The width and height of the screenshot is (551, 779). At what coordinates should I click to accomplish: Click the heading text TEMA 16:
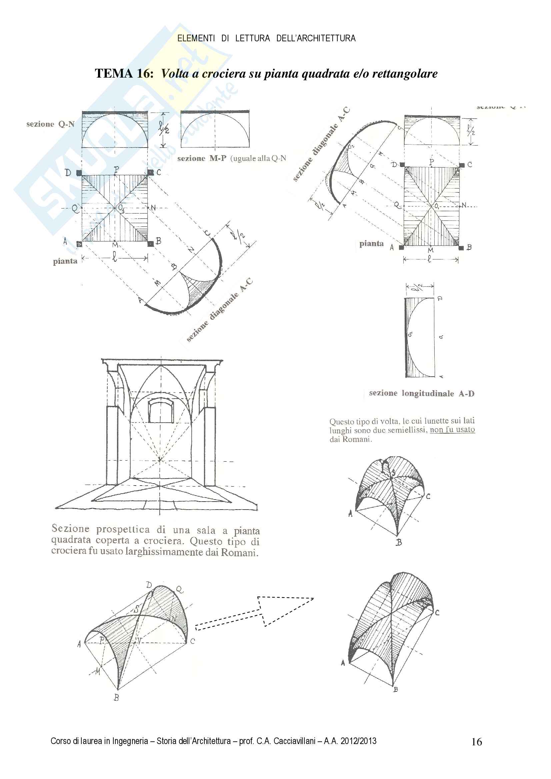(x=124, y=73)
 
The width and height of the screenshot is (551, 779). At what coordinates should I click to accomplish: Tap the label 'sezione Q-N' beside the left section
(x=50, y=124)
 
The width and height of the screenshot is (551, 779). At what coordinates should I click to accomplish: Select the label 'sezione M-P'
(x=201, y=159)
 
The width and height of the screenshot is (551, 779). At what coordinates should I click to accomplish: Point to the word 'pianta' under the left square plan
(x=65, y=261)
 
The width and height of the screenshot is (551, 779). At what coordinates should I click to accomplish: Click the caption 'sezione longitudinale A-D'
(x=422, y=393)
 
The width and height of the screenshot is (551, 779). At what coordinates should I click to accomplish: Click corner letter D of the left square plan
(x=68, y=173)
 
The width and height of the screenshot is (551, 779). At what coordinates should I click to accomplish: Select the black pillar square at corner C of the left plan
(x=151, y=173)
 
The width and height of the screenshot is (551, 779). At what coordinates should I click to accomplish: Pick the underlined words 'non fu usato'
(x=452, y=430)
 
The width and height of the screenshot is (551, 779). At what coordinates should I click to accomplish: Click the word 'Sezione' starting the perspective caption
(x=70, y=528)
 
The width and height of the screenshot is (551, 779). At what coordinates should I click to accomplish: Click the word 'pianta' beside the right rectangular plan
(x=371, y=243)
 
